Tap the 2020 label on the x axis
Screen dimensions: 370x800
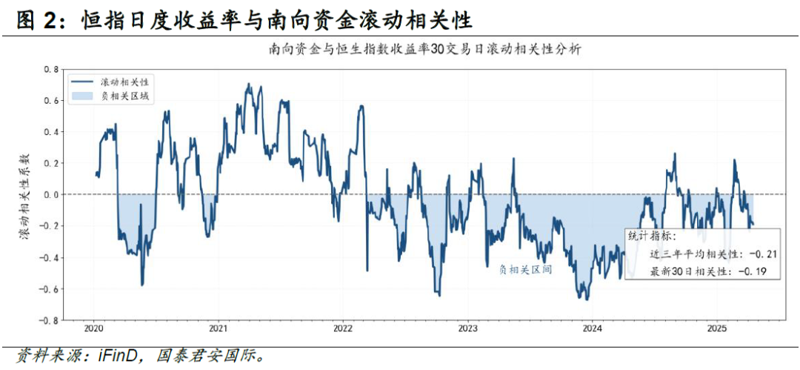click(93, 328)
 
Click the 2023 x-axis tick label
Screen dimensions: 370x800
click(467, 328)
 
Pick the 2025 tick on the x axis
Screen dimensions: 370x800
click(716, 328)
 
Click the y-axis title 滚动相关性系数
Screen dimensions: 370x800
click(23, 195)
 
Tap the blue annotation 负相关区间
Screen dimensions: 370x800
click(525, 270)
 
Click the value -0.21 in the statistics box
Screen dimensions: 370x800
click(761, 254)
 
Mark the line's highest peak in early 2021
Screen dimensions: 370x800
click(247, 85)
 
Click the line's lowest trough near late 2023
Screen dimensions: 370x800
click(586, 300)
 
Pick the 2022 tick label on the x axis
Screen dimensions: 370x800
click(343, 328)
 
